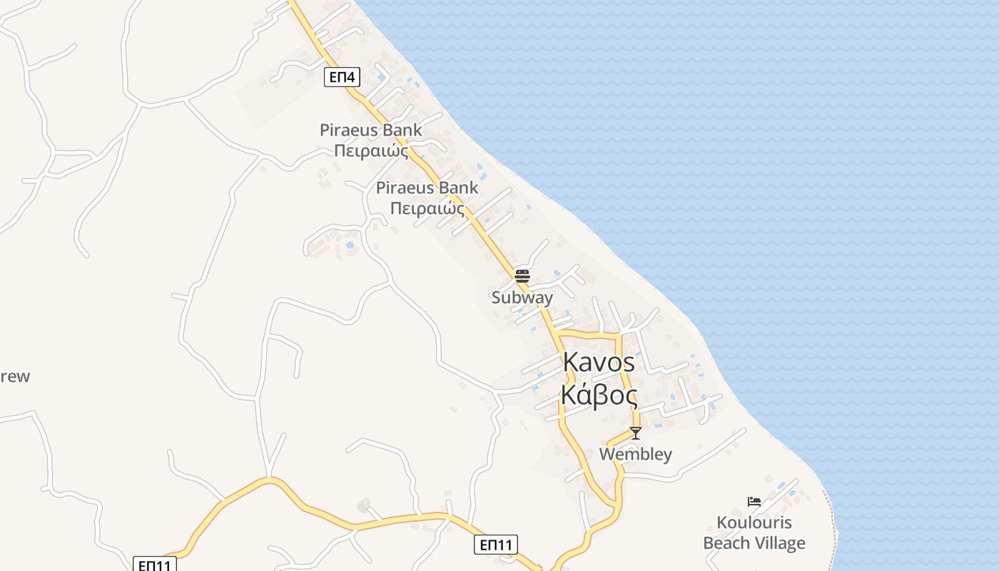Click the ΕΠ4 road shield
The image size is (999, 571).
[342, 76]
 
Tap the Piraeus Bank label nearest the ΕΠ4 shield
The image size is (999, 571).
[370, 131]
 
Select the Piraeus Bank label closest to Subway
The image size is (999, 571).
[427, 188]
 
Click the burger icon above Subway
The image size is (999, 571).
[522, 276]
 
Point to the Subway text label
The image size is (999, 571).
[522, 298]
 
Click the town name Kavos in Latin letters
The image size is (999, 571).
[599, 362]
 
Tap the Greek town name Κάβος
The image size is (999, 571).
[599, 394]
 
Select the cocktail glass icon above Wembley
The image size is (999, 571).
[635, 433]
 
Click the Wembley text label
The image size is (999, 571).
[635, 455]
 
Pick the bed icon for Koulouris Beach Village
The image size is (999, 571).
[754, 502]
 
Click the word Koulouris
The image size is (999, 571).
[754, 522]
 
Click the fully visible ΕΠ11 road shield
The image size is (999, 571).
[495, 545]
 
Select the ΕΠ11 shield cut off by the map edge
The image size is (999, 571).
[155, 565]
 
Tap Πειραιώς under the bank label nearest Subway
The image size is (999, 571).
[427, 209]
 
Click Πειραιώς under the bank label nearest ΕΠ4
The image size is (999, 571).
[370, 151]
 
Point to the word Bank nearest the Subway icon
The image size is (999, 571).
[459, 188]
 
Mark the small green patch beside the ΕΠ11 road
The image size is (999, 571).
[364, 506]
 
